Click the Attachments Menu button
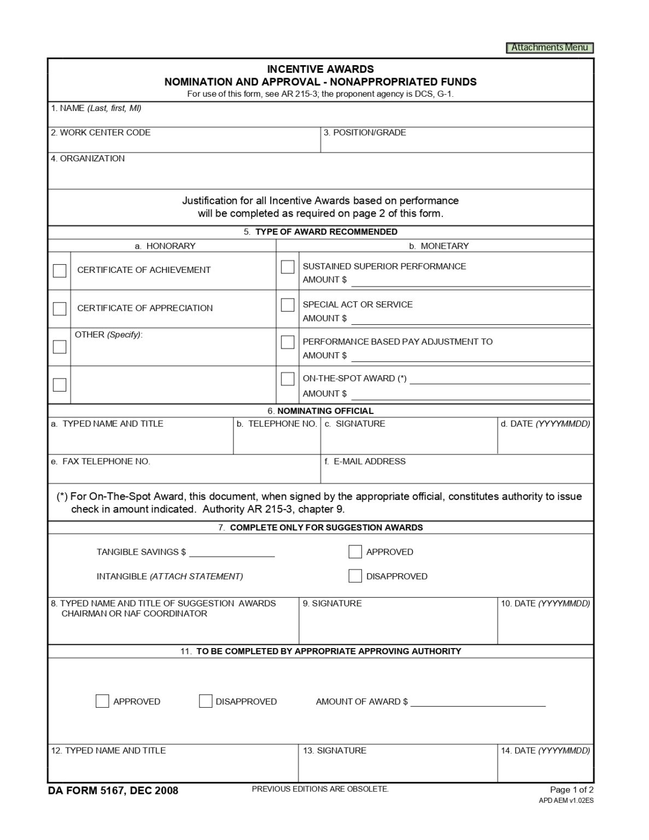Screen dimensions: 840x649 click(x=549, y=48)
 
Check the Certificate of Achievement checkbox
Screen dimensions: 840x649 click(x=60, y=271)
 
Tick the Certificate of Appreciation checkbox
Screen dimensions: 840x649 click(x=60, y=308)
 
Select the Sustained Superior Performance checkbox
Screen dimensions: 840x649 click(x=288, y=267)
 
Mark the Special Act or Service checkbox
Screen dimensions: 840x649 click(x=288, y=305)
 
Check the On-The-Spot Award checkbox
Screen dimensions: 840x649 click(x=288, y=379)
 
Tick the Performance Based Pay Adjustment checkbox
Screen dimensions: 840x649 click(x=288, y=342)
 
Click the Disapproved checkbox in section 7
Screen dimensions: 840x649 click(x=355, y=576)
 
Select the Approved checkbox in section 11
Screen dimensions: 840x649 click(x=102, y=701)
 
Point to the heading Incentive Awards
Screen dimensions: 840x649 click(x=320, y=69)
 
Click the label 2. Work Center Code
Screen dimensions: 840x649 click(x=101, y=133)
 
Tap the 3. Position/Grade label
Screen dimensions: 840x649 click(x=365, y=133)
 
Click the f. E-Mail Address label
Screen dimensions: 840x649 click(x=365, y=462)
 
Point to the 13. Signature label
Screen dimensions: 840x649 click(x=335, y=751)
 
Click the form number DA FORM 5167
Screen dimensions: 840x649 click(x=113, y=791)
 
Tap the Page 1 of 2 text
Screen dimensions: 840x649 click(x=571, y=790)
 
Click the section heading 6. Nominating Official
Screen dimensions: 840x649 click(x=320, y=411)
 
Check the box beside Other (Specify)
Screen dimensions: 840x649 click(x=60, y=347)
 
